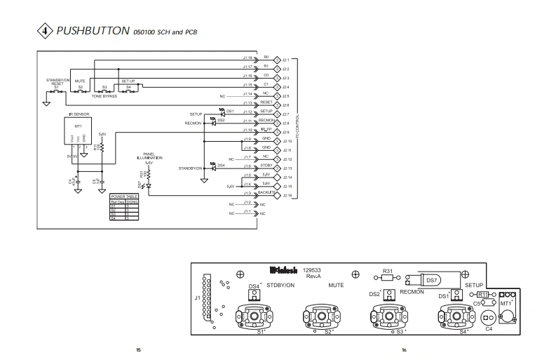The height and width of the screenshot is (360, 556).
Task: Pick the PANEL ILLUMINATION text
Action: [x=149, y=157]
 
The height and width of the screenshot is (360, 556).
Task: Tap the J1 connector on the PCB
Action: [x=204, y=298]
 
